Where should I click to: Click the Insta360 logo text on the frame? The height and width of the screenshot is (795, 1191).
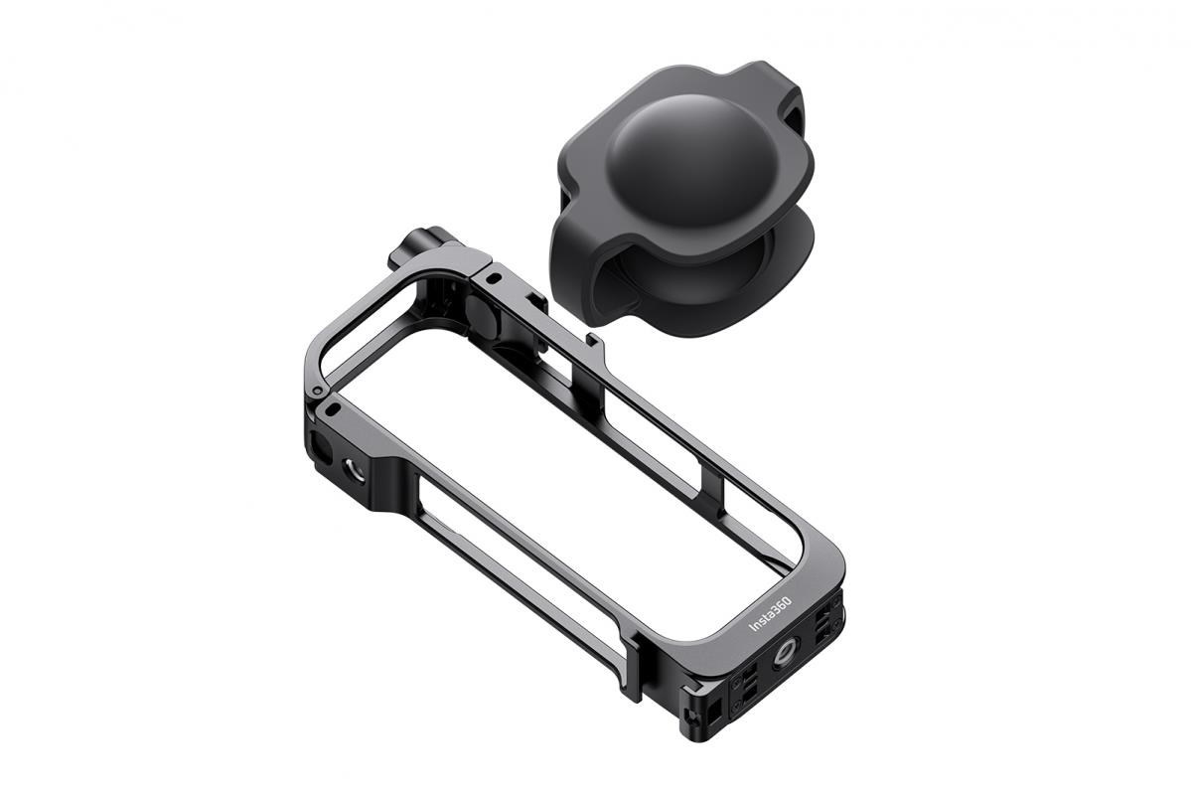click(x=770, y=613)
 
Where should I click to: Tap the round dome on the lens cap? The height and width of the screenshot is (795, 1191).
click(x=679, y=167)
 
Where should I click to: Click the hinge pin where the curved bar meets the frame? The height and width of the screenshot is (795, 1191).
click(x=319, y=391)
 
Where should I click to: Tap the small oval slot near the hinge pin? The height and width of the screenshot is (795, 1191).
click(x=332, y=408)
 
